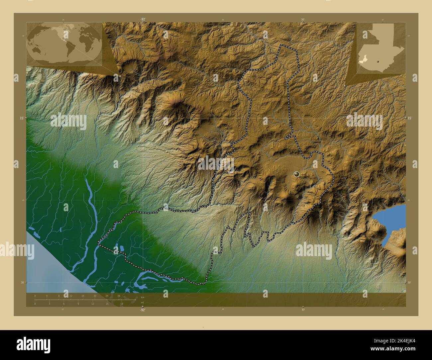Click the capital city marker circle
pyautogui.click(x=296, y=174)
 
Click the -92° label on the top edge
pyautogui.click(x=143, y=20)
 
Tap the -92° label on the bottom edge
pyautogui.click(x=143, y=310)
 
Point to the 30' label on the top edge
pyautogui.click(x=303, y=20)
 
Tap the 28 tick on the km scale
pyautogui.click(x=119, y=296)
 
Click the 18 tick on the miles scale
pyautogui.click(x=122, y=304)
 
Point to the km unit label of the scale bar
pyautogui.click(x=143, y=297)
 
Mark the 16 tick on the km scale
pyautogui.click(x=83, y=296)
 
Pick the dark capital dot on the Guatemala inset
pyautogui.click(x=378, y=61)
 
